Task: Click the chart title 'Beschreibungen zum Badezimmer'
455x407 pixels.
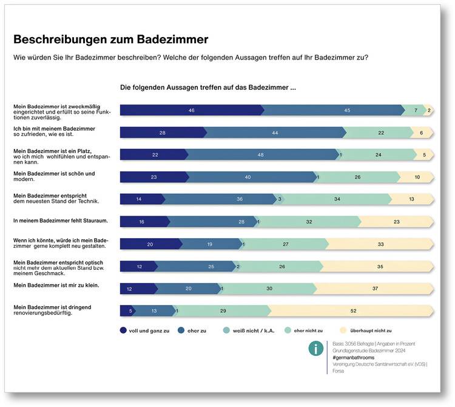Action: [x=110, y=39]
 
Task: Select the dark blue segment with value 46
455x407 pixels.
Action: [x=191, y=110]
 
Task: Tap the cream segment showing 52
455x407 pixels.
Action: [x=352, y=310]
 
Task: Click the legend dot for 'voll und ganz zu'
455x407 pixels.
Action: [x=124, y=330]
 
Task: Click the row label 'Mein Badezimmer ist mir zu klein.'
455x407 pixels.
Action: [x=56, y=284]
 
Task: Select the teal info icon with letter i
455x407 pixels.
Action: [x=315, y=348]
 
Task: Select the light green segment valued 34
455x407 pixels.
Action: [x=335, y=199]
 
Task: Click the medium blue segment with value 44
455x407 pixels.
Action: [x=275, y=132]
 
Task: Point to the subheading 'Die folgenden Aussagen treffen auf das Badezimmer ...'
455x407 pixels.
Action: [x=207, y=87]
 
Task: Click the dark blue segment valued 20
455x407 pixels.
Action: [x=150, y=244]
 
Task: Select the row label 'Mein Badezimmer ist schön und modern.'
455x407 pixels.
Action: [x=55, y=176]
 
